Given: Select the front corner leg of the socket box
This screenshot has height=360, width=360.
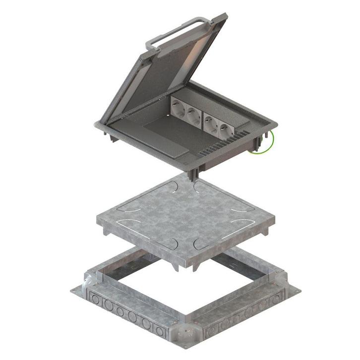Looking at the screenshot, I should click(x=194, y=173).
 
